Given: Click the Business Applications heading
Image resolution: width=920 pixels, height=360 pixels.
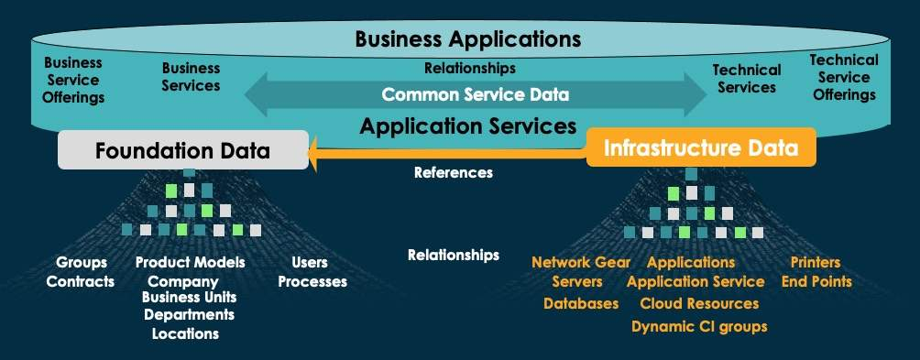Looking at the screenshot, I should [x=467, y=39].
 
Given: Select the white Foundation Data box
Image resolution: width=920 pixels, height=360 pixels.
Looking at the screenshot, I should [x=183, y=150].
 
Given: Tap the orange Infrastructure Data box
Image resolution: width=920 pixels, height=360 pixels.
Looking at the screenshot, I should [x=700, y=147].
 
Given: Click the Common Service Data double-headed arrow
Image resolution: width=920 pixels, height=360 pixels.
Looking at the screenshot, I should [x=475, y=94].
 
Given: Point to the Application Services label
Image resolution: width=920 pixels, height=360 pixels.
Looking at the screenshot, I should [x=467, y=125].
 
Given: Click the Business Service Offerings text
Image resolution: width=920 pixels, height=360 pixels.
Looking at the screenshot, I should [x=73, y=80].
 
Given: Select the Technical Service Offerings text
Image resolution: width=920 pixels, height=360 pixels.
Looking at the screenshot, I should [x=843, y=77].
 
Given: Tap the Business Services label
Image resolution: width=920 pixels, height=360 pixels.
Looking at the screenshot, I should [x=191, y=77].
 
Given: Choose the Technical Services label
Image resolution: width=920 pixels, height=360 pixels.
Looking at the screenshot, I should [x=746, y=79].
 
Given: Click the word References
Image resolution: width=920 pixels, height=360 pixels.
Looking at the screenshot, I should [x=453, y=172].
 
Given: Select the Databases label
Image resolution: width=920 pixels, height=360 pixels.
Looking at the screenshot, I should [x=581, y=303].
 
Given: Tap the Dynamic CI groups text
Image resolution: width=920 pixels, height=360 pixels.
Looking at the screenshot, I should [x=699, y=326].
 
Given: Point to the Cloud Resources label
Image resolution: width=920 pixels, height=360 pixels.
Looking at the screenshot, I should [x=699, y=303].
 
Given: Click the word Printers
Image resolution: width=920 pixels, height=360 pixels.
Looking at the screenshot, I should [x=816, y=263].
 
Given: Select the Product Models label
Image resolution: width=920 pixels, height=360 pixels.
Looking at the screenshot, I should [x=190, y=263].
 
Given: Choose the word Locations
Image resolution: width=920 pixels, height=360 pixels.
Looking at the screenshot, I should [x=186, y=333].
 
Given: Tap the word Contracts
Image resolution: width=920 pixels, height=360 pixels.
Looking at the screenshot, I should [x=81, y=281].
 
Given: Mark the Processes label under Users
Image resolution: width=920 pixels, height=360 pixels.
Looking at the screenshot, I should [x=312, y=281].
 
